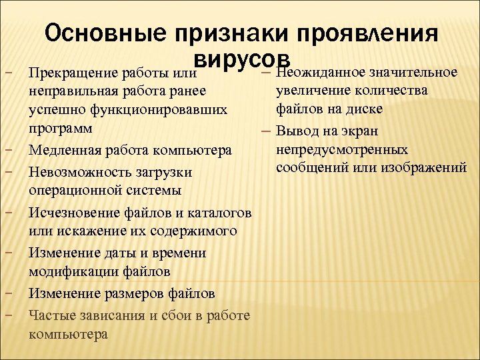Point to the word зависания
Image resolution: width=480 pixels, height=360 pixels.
[119, 315]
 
